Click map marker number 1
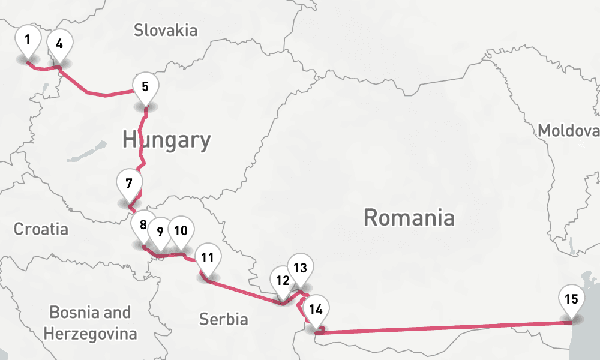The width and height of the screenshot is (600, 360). coord(27,41)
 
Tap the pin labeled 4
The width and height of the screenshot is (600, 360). coord(59,44)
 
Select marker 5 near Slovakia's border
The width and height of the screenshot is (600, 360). coord(145,88)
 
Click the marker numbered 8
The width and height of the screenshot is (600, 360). coord(143,226)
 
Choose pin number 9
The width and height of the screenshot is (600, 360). coord(160,231)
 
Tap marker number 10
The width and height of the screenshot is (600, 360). coord(181,230)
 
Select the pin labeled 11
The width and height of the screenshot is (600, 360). coord(208,259)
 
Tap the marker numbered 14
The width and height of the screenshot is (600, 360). coord(316,310)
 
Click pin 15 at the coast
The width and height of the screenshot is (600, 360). coord(571,299)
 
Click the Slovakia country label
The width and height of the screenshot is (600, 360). coord(166,30)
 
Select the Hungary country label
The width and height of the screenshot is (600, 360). coord(167,140)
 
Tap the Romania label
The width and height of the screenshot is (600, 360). coord(409,217)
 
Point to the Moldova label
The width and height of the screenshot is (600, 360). coord(568,131)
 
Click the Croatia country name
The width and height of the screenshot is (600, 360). coord(41,229)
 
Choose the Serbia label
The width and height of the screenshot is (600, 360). coord(224,319)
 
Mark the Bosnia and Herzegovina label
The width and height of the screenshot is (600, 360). coord(90,322)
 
